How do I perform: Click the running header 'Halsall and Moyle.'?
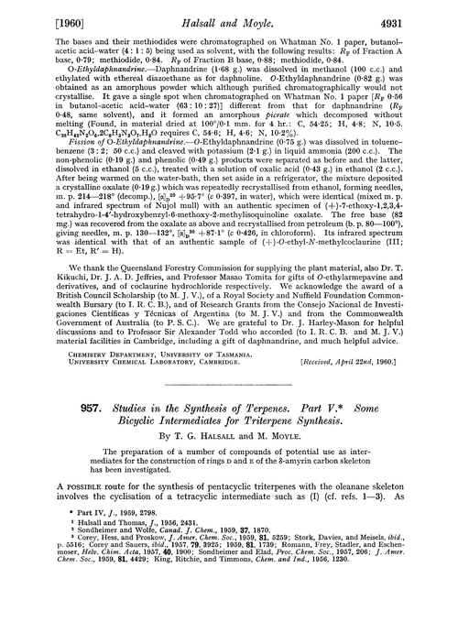pyautogui.click(x=228, y=14)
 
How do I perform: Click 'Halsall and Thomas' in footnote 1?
pyautogui.click(x=81, y=546)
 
